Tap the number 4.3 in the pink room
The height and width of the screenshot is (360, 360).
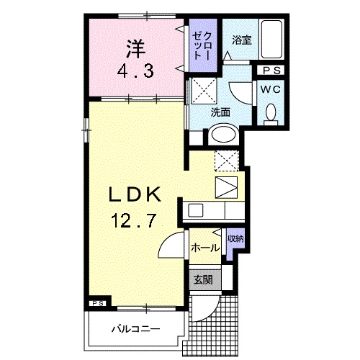pyautogui.click(x=136, y=71)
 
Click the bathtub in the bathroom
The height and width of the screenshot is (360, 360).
pyautogui.click(x=273, y=40)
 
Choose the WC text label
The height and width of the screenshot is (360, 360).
pyautogui.click(x=271, y=89)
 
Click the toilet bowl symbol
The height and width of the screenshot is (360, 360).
pyautogui.click(x=271, y=113)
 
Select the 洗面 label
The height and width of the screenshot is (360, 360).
pyautogui.click(x=220, y=112)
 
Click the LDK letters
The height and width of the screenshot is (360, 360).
pyautogui.click(x=138, y=194)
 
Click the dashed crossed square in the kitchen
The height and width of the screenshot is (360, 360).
pyautogui.click(x=225, y=161)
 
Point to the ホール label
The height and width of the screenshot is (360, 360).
pyautogui.click(x=206, y=247)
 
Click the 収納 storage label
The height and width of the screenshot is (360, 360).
pyautogui.click(x=235, y=238)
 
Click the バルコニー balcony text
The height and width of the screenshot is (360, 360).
pyautogui.click(x=135, y=330)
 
